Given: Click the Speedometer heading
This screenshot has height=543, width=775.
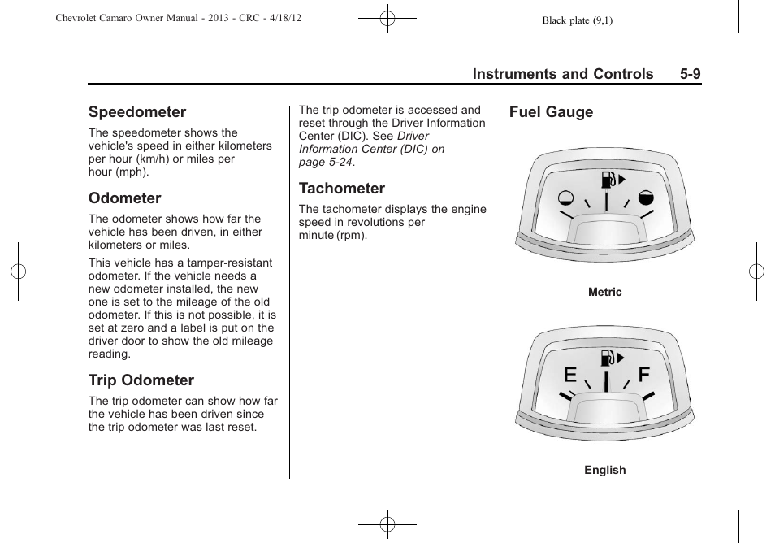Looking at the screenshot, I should (137, 112).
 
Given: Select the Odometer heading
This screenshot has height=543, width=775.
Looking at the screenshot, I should (125, 198).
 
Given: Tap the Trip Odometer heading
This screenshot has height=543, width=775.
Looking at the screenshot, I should (141, 380).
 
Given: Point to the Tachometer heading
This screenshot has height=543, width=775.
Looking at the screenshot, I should (342, 189).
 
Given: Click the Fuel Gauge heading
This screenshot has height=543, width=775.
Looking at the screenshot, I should (552, 112).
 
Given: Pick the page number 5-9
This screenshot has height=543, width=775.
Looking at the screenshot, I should (691, 74).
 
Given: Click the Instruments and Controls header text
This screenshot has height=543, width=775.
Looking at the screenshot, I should (563, 74).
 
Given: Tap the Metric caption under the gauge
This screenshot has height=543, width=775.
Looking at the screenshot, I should (605, 293).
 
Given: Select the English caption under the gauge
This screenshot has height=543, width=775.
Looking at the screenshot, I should (605, 470).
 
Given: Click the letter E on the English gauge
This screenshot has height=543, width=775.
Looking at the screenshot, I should (570, 375).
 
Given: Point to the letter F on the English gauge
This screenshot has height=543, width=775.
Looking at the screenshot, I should (644, 374).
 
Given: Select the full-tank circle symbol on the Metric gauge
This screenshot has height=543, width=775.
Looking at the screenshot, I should (646, 197).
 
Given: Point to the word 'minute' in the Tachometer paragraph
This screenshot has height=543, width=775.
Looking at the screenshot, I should (316, 236).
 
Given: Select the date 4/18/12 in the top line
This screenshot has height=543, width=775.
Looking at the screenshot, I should (284, 18).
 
